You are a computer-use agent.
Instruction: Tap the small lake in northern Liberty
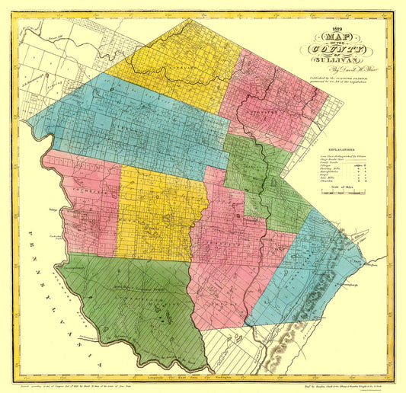point(114,91)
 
